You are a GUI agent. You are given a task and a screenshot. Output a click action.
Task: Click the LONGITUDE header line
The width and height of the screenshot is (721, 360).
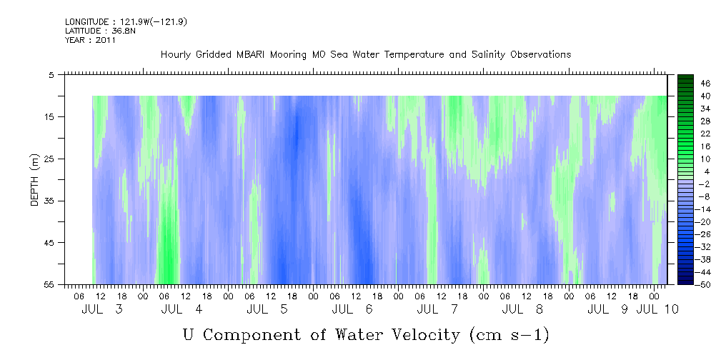(126, 21)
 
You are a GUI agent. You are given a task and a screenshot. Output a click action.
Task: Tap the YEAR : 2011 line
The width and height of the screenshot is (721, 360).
(91, 40)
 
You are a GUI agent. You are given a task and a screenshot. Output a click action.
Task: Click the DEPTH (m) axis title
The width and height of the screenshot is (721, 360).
(35, 180)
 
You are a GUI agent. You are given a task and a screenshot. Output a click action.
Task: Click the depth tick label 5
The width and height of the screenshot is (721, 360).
(51, 74)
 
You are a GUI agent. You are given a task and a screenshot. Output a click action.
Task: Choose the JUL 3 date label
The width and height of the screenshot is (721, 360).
(102, 309)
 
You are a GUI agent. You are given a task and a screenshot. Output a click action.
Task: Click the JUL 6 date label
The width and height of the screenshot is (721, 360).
(352, 309)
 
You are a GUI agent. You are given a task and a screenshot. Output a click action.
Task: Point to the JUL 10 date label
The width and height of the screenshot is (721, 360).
(657, 309)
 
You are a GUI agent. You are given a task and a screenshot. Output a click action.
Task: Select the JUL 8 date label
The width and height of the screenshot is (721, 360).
(522, 309)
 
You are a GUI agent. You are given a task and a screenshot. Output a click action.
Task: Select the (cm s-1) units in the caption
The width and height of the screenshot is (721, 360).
(509, 335)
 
